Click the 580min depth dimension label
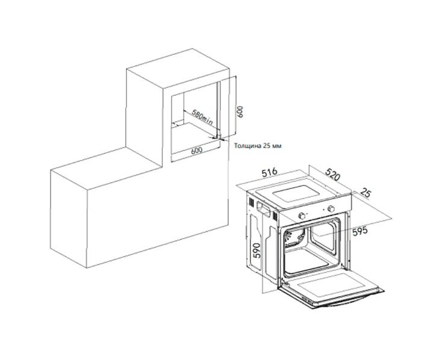click(x=202, y=117)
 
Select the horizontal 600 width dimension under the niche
click(x=196, y=151)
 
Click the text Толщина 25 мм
click(x=258, y=146)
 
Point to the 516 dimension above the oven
click(x=269, y=172)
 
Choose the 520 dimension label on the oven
click(x=333, y=174)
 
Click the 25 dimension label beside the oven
click(x=365, y=193)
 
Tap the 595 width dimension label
click(x=359, y=231)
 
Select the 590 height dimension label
click(x=257, y=250)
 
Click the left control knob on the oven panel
click(x=302, y=216)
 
